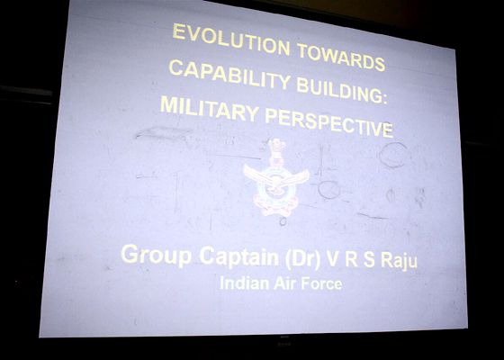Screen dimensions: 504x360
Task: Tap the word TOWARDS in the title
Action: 341,57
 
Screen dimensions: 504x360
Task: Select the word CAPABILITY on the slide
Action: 229,75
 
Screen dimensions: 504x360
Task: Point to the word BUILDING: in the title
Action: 341,90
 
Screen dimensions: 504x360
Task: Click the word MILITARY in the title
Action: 209,109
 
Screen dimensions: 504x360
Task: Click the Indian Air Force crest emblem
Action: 275,179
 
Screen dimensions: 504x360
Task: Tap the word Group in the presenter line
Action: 156,256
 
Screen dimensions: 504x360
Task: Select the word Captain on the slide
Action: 238,256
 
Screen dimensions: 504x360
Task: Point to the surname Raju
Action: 400,260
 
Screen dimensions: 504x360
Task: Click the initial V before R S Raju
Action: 332,259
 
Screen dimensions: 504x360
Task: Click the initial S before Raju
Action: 369,260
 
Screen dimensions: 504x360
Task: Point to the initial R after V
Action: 351,260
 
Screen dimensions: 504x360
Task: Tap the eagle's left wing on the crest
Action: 256,175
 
